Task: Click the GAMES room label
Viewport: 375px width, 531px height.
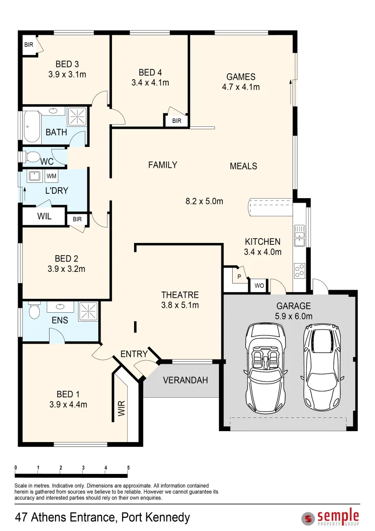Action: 241,77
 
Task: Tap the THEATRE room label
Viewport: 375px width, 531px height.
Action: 180,295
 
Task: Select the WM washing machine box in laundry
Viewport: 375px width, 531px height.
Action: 52,176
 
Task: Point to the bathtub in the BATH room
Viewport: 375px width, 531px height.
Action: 32,126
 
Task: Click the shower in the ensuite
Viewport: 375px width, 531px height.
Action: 88,311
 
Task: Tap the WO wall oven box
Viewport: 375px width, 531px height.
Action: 259,286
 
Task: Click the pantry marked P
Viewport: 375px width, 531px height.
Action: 239,276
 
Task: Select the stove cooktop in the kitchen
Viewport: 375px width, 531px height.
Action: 299,270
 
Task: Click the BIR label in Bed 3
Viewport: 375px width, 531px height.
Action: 29,44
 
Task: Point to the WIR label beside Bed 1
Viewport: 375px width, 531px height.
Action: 122,408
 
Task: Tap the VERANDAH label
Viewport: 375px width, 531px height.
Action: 186,380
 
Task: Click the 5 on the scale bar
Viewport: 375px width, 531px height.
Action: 128,468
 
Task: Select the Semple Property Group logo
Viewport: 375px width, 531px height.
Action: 330,517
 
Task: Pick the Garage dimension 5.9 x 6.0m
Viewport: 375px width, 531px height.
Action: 294,316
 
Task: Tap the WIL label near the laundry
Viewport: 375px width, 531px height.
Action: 44,216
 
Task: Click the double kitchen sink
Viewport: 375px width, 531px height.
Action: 299,236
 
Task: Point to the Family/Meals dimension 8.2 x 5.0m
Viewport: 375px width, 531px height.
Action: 204,201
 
